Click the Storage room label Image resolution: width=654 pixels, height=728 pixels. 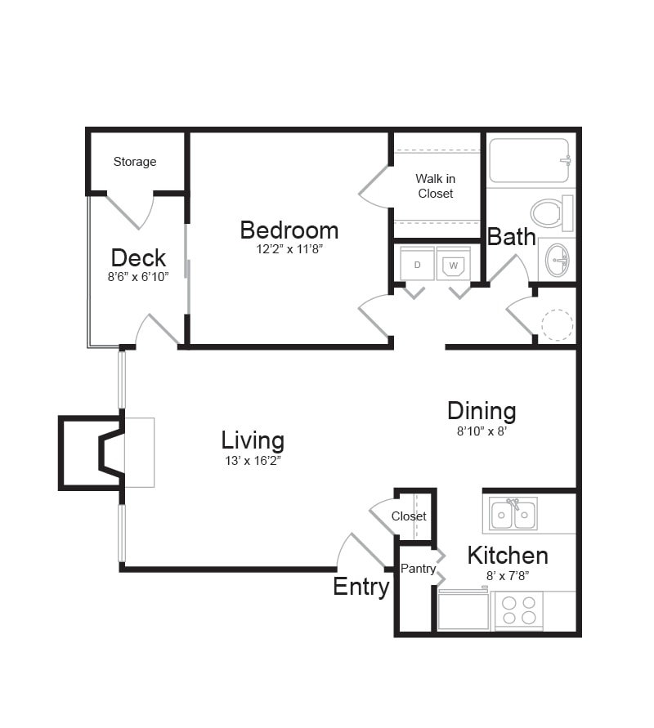135,162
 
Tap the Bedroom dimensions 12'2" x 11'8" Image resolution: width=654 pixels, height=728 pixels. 289,249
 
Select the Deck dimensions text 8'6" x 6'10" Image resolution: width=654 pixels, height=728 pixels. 138,277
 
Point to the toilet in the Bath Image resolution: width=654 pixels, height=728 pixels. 552,213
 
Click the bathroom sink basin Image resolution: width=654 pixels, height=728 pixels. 557,259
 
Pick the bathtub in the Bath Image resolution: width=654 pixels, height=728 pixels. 530,160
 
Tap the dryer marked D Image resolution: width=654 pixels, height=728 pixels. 417,263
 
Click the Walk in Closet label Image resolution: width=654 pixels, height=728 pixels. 435,185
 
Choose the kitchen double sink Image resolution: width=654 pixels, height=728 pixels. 513,513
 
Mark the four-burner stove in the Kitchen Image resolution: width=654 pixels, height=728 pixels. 519,610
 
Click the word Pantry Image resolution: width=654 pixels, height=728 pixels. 418,569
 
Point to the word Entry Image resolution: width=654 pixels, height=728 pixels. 361,587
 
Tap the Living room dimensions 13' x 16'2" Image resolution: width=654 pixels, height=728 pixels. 253,461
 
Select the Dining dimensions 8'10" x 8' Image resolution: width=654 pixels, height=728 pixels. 482,431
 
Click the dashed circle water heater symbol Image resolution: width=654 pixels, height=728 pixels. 558,325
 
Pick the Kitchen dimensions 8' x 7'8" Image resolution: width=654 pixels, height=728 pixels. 508,576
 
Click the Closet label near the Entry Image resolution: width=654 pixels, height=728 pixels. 409,516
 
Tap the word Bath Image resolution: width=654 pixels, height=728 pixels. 512,237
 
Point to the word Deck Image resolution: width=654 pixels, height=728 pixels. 138,257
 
